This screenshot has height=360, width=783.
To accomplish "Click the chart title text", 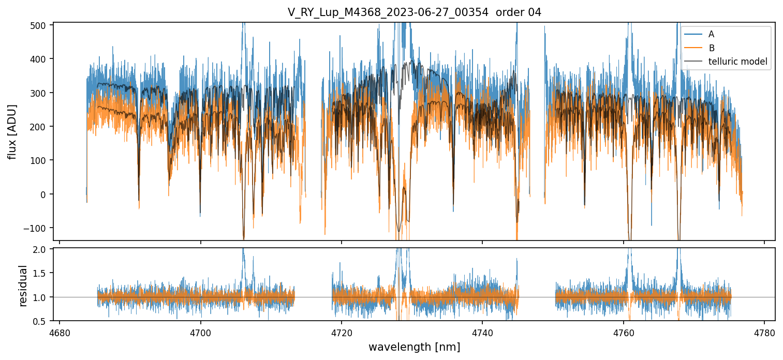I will pyautogui.click(x=414, y=12).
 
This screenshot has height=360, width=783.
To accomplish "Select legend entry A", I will pyautogui.click(x=711, y=34).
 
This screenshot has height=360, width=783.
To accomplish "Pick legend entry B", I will pyautogui.click(x=711, y=48).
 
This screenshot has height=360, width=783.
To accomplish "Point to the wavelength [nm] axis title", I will pyautogui.click(x=414, y=347).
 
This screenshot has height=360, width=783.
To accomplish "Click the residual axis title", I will pyautogui.click(x=23, y=286).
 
